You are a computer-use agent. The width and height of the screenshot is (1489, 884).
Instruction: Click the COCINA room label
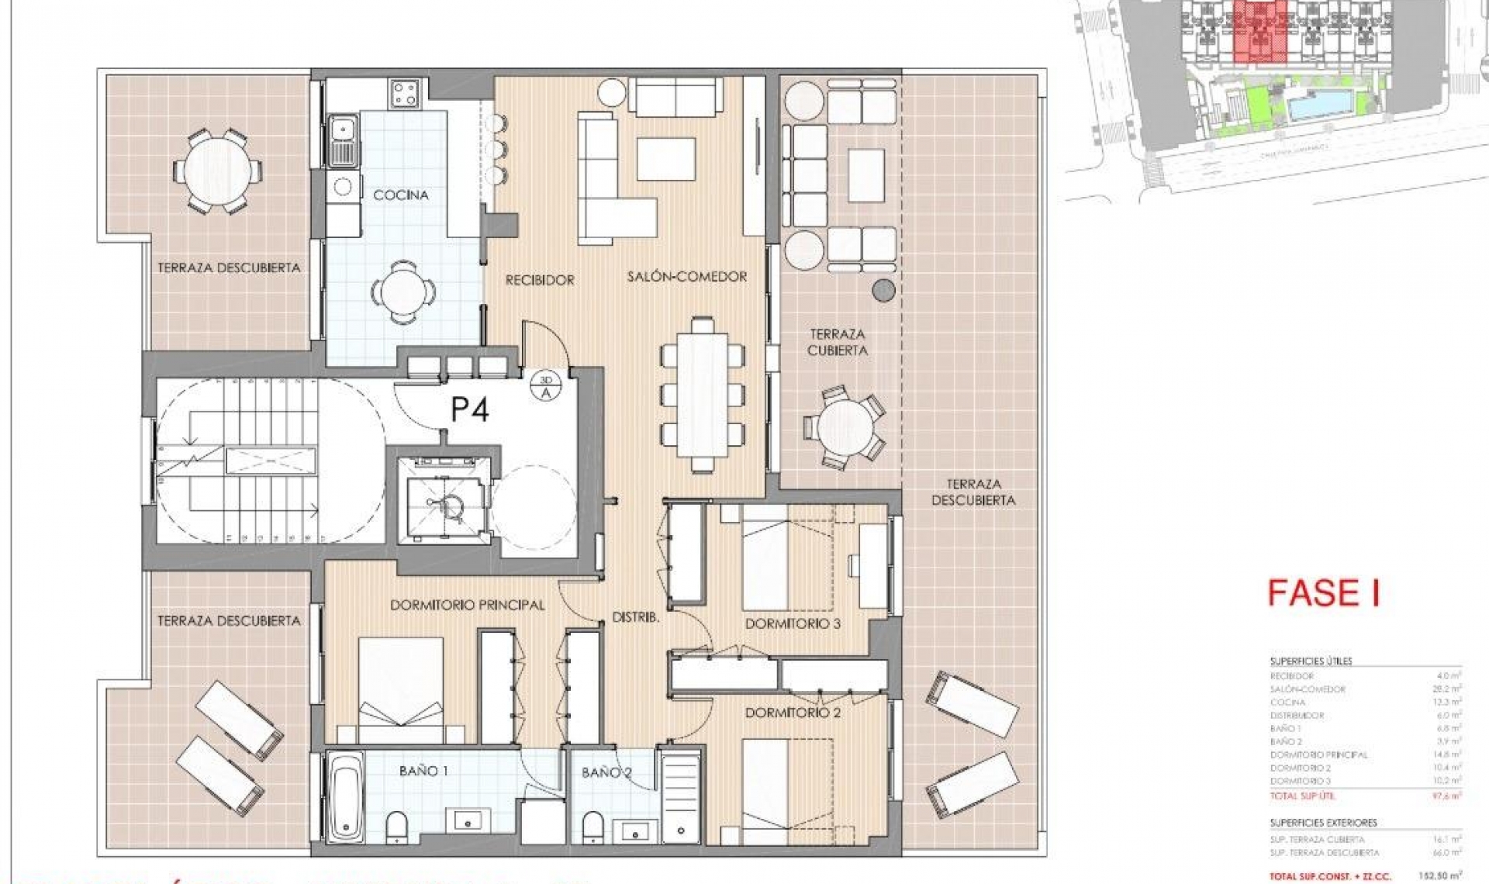coord(400,195)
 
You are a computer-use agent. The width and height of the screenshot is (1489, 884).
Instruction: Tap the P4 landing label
coord(470,409)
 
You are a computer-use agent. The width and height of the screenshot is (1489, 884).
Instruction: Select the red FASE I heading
coord(1324,594)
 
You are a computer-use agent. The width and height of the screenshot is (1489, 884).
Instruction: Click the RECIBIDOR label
coord(540,280)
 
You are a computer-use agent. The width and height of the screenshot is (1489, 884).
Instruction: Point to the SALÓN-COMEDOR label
coord(687,276)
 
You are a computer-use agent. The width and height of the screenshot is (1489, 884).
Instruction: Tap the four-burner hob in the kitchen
coord(405,95)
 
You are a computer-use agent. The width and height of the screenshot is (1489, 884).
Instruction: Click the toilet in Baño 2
coord(592,825)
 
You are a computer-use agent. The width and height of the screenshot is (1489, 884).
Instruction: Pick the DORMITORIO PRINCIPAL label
coord(467,605)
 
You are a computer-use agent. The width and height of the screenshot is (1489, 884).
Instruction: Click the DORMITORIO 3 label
coord(793,623)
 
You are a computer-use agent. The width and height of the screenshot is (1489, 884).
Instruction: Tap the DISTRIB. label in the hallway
coord(635,618)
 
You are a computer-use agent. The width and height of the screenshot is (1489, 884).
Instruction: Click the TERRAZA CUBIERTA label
coord(838,342)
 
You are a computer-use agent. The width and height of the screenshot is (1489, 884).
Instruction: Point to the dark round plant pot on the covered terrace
coord(883,291)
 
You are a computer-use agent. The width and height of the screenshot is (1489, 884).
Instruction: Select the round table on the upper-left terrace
coord(216,171)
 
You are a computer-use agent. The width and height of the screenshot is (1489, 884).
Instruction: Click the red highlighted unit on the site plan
coord(1259,31)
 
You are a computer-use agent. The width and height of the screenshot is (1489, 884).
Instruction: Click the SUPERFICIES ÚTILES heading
coord(1311,661)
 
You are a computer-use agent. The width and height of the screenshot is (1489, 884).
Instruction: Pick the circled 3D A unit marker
coord(546,386)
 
